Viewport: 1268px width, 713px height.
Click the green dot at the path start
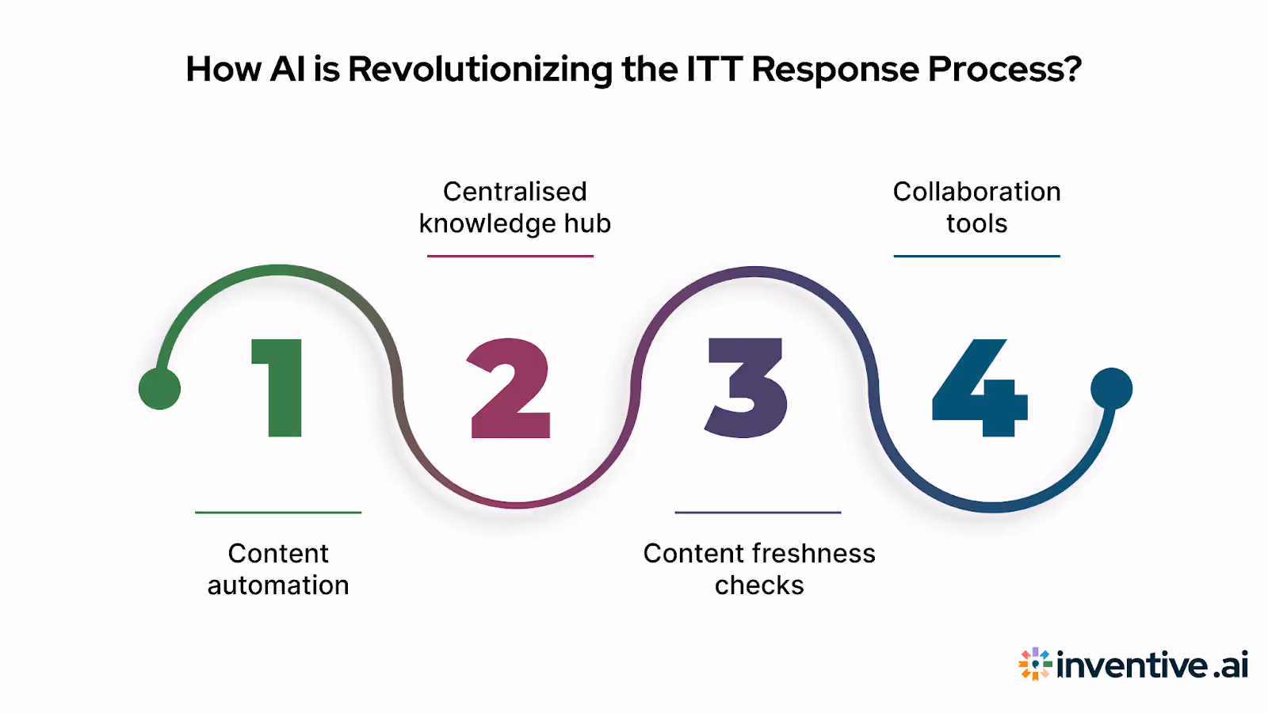(x=159, y=389)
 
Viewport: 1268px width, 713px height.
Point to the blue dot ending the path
(x=1111, y=388)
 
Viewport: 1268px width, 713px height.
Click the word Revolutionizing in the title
(x=480, y=70)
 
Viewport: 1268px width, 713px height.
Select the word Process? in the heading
(x=1004, y=70)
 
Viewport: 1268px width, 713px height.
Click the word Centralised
(x=514, y=192)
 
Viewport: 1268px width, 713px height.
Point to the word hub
(x=587, y=223)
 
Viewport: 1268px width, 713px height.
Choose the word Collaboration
(x=976, y=192)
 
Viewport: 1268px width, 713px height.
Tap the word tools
(x=976, y=224)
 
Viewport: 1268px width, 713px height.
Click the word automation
(x=278, y=585)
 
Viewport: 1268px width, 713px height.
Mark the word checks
(x=759, y=585)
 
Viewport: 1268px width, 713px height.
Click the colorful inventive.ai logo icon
(x=1035, y=664)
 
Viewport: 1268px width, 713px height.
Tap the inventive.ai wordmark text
(x=1152, y=665)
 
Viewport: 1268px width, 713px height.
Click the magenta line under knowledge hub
(x=510, y=256)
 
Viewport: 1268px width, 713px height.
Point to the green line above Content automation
(x=278, y=513)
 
